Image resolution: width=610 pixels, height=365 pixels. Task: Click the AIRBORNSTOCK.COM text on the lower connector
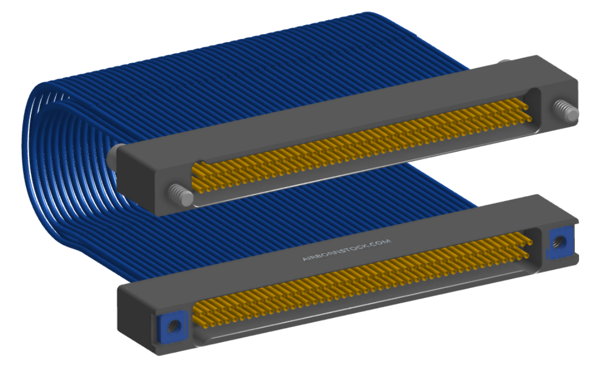pos(346,250)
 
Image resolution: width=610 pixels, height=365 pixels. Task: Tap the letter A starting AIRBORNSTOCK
pos(305,258)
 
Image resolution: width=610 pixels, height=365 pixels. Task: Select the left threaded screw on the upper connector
pos(181,194)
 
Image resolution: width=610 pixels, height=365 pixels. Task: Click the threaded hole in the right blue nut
pos(560,242)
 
